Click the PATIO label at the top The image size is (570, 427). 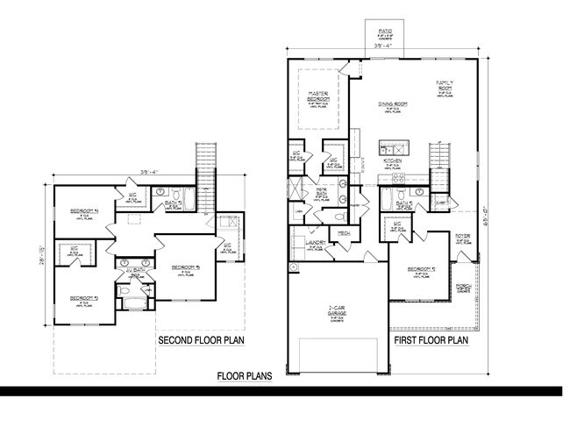click(385, 30)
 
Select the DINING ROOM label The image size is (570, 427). click(394, 103)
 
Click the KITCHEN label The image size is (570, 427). click(392, 161)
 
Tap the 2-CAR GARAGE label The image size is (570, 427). click(337, 309)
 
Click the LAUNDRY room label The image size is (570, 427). click(316, 243)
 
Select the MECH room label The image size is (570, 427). click(345, 233)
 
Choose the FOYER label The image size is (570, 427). click(461, 237)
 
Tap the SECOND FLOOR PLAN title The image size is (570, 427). click(201, 340)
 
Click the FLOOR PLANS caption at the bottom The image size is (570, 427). click(245, 376)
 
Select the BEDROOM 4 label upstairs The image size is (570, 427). click(84, 211)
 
